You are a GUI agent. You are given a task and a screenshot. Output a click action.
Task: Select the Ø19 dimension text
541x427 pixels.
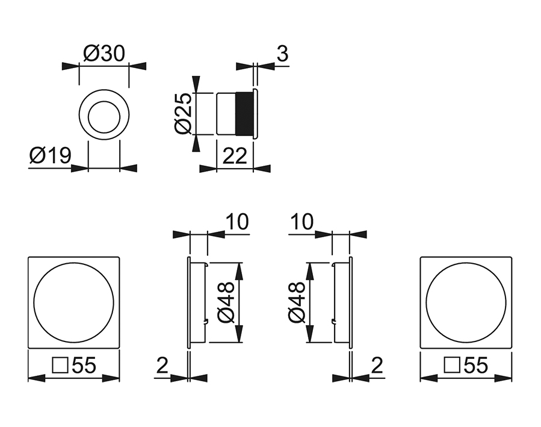(50, 156)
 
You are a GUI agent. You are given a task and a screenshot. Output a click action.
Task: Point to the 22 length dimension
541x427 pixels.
(235, 156)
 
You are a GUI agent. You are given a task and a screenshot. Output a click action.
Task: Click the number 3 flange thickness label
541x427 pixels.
(282, 54)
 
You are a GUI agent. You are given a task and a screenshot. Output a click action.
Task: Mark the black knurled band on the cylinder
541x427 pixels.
(244, 113)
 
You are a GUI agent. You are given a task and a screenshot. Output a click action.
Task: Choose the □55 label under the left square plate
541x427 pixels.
(74, 365)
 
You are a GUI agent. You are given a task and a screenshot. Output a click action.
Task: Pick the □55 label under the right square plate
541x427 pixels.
(465, 365)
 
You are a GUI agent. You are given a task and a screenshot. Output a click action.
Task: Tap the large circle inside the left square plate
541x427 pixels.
(74, 302)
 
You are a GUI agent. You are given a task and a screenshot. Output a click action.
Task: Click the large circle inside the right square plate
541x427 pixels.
(465, 302)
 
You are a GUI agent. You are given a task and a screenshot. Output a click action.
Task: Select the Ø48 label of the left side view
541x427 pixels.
(226, 302)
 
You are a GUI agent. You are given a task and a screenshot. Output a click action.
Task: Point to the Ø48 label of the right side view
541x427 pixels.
(297, 302)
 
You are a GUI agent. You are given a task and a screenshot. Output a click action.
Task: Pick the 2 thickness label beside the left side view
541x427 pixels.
(161, 365)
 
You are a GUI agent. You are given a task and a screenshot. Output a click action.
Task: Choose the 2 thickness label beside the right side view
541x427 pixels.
(377, 365)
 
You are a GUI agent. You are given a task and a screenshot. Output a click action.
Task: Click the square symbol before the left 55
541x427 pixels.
(60, 365)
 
